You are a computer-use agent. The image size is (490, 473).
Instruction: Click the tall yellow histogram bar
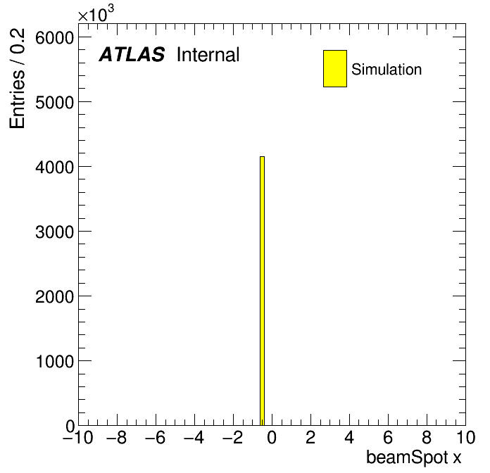(x=262, y=291)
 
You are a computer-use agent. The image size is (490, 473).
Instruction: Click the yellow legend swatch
(x=335, y=68)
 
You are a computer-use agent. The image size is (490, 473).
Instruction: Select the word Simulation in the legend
(x=387, y=70)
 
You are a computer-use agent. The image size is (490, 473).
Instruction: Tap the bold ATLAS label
(x=132, y=54)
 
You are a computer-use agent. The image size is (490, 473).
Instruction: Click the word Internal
(x=208, y=54)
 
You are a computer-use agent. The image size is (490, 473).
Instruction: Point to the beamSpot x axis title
(x=413, y=458)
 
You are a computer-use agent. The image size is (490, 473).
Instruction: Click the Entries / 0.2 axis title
(x=17, y=78)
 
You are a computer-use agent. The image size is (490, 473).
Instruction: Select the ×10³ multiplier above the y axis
(x=96, y=13)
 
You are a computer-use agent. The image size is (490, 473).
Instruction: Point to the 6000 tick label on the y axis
(x=54, y=38)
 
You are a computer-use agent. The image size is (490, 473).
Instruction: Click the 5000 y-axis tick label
(x=54, y=102)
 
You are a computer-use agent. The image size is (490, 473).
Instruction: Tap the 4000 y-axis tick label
(x=54, y=167)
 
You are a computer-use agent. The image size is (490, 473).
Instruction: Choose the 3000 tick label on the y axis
(x=54, y=232)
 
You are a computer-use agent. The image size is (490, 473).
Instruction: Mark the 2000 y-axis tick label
(x=54, y=297)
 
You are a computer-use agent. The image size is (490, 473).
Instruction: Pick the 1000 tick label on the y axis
(x=54, y=362)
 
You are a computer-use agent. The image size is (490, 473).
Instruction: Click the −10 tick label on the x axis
(x=78, y=437)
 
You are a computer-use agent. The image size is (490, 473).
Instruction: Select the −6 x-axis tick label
(x=156, y=437)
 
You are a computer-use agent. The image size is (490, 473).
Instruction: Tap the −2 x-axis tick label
(x=233, y=437)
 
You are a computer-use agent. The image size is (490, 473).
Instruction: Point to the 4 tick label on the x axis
(x=349, y=437)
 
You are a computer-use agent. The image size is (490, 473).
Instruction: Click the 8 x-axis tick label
(x=427, y=437)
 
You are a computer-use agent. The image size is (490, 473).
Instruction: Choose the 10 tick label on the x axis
(x=465, y=437)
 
